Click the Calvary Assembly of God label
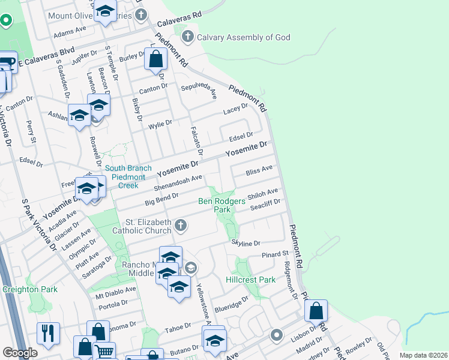244,37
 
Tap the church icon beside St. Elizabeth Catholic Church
181,226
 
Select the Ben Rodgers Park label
223,206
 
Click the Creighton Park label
30,289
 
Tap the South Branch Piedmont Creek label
125,177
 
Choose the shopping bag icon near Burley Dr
155,59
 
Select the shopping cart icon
104,352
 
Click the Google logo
20,352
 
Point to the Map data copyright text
423,355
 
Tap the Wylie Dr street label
160,124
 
